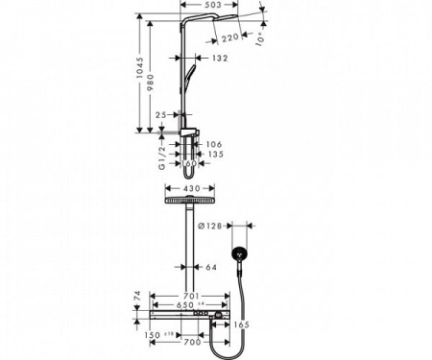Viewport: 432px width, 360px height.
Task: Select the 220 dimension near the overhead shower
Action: pyautogui.click(x=228, y=38)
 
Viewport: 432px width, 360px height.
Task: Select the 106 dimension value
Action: pyautogui.click(x=213, y=146)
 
